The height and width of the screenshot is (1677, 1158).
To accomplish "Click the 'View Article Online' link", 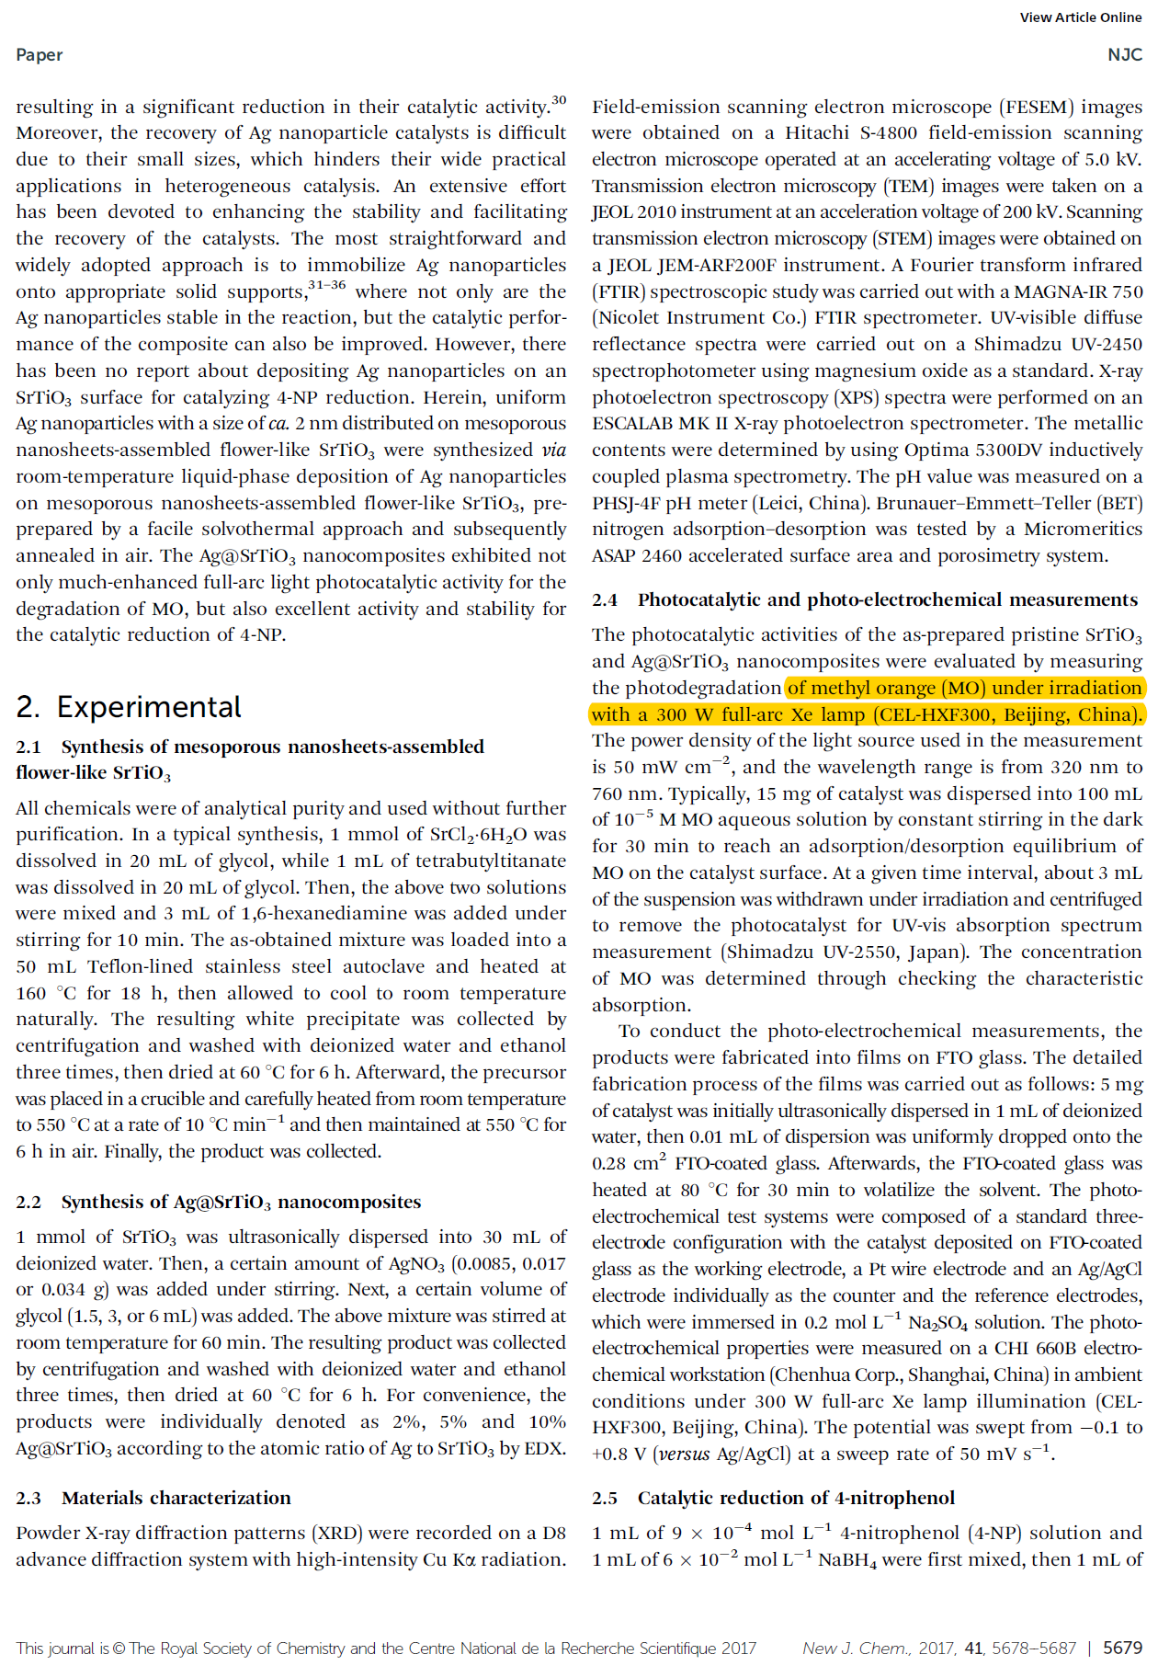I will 1080,17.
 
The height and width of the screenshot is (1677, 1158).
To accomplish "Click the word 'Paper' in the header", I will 40,55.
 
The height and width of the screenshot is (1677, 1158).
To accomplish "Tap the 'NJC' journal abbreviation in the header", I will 1124,55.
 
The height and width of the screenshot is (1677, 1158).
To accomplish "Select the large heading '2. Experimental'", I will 129,707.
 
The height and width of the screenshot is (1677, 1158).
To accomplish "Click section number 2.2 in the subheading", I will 28,1203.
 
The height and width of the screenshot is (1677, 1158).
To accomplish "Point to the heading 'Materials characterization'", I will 176,1499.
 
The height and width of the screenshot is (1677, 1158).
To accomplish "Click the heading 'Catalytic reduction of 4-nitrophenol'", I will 796,1499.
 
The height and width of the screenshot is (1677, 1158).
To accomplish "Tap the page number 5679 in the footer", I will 1122,1648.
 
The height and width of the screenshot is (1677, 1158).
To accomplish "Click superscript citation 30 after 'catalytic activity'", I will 559,100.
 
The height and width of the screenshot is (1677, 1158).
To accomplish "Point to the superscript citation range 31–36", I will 326,285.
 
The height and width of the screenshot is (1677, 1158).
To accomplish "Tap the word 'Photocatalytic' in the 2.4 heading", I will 700,600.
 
